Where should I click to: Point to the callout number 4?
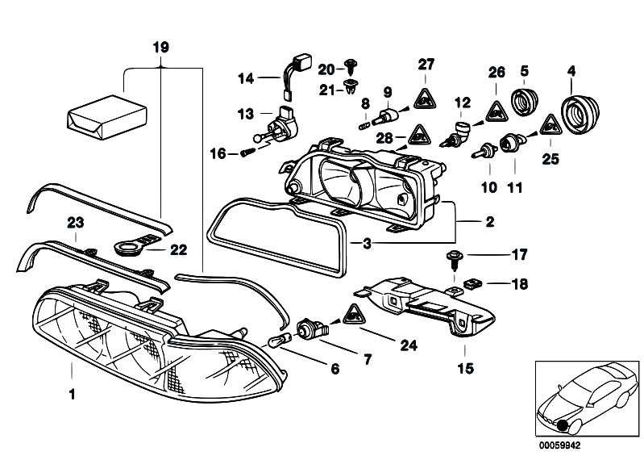pyautogui.click(x=571, y=71)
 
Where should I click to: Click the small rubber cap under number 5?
pyautogui.click(x=526, y=104)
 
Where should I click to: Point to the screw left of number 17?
pyautogui.click(x=453, y=257)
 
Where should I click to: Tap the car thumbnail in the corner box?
pyautogui.click(x=587, y=395)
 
